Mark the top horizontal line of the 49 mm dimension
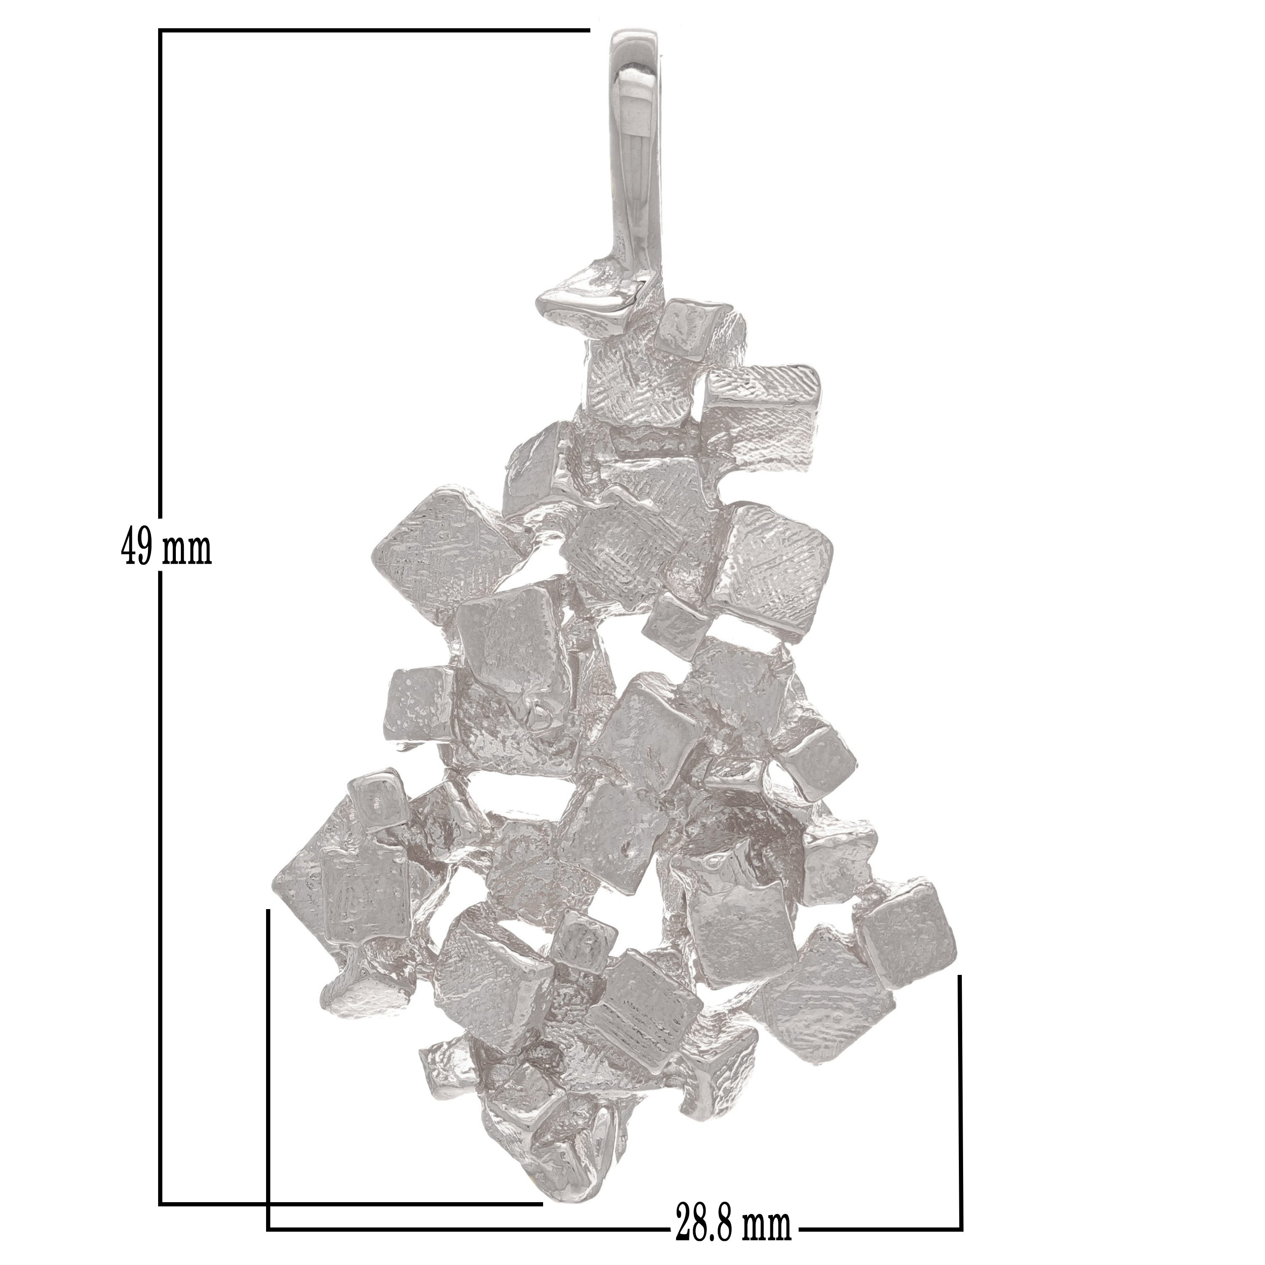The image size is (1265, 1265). click(374, 30)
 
